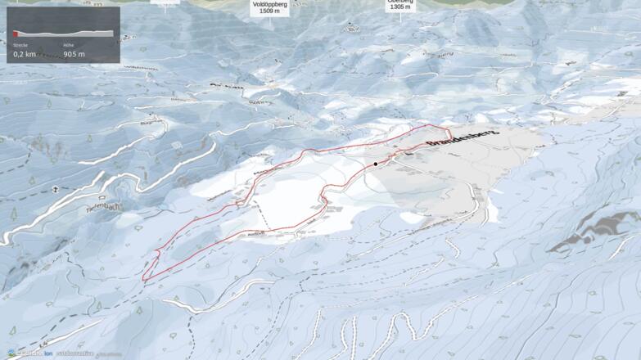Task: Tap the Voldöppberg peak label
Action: coord(269,3)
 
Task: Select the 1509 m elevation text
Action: coord(269,12)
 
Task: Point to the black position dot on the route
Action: coord(376,164)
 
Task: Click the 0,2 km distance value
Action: coord(25,54)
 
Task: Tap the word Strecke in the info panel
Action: coord(20,44)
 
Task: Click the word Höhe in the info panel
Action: coord(69,44)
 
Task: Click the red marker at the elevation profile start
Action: coord(15,33)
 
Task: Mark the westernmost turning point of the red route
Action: coord(143,279)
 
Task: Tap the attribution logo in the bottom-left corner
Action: coord(11,353)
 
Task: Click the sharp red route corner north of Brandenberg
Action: coord(449,131)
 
